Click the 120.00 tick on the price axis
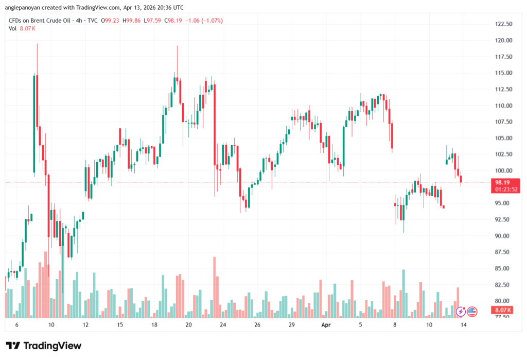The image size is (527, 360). pyautogui.click(x=503, y=40)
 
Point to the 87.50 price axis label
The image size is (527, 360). pyautogui.click(x=503, y=252)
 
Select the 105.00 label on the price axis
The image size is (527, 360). pyautogui.click(x=503, y=138)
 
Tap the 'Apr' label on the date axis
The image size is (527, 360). pyautogui.click(x=325, y=325)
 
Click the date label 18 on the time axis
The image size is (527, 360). pyautogui.click(x=154, y=325)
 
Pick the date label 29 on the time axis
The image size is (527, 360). pyautogui.click(x=291, y=325)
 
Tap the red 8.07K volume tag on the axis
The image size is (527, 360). pyautogui.click(x=502, y=310)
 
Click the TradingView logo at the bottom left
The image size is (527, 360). pyautogui.click(x=43, y=346)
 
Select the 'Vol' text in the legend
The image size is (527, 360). pyautogui.click(x=13, y=28)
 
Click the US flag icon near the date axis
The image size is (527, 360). pyautogui.click(x=472, y=311)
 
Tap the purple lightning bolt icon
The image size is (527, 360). pyautogui.click(x=461, y=311)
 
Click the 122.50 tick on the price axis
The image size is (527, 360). pyautogui.click(x=503, y=24)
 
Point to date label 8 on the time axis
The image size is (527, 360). pyautogui.click(x=395, y=325)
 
